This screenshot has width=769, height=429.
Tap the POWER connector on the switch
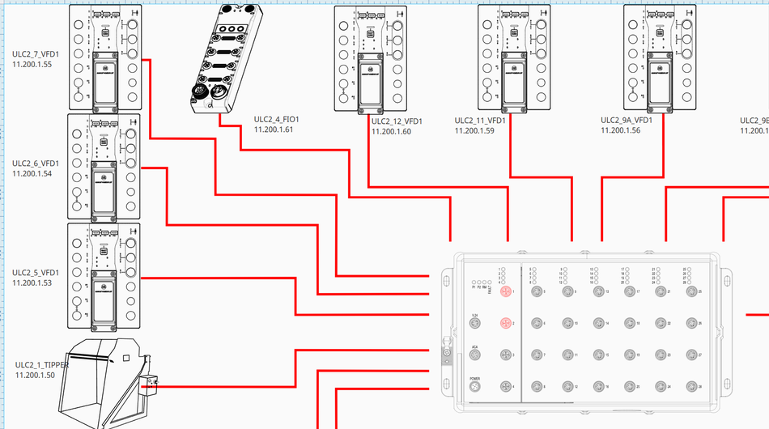(475, 389)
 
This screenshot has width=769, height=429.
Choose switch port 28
(689, 388)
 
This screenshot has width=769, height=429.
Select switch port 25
(689, 291)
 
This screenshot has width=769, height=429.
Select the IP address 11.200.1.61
(274, 129)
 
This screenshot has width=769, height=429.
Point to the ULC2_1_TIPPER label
(42, 365)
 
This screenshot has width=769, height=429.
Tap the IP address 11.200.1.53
(32, 282)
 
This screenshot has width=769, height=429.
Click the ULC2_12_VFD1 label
(397, 121)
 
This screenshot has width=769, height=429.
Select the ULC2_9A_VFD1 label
(627, 120)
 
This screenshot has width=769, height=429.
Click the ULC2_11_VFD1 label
(480, 121)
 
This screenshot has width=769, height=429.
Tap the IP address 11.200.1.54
(32, 173)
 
